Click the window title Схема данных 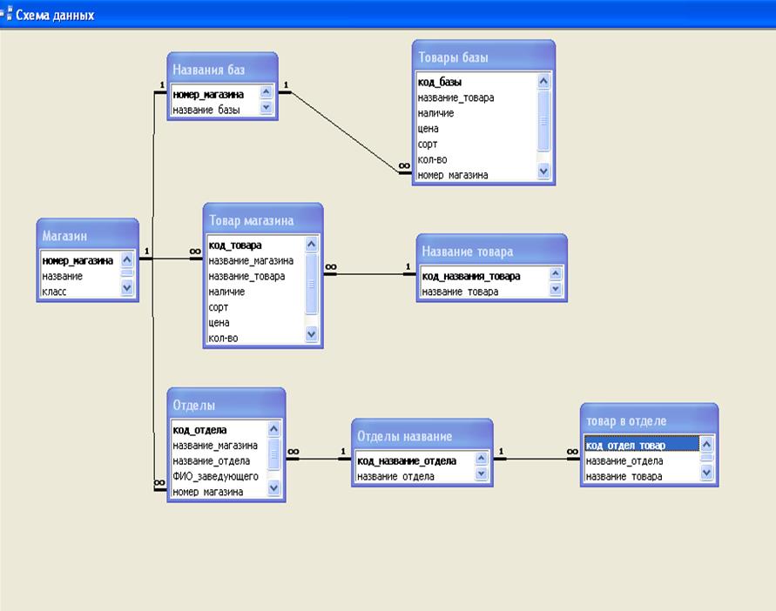(x=55, y=16)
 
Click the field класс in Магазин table (x=55, y=292)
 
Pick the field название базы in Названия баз (x=206, y=110)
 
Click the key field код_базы (x=440, y=82)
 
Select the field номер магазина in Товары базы (x=453, y=175)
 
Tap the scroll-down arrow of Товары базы (x=543, y=171)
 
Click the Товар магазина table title (x=252, y=221)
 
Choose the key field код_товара (x=235, y=245)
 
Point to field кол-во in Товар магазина (x=223, y=339)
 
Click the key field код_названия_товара (x=471, y=277)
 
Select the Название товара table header (x=468, y=252)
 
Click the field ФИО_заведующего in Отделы (x=215, y=476)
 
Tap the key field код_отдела (x=200, y=431)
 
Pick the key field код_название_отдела (x=407, y=461)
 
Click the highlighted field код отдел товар (x=625, y=446)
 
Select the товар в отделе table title (x=626, y=421)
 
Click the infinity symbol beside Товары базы (x=404, y=165)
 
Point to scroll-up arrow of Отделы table (x=273, y=429)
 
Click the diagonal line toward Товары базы (x=345, y=132)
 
